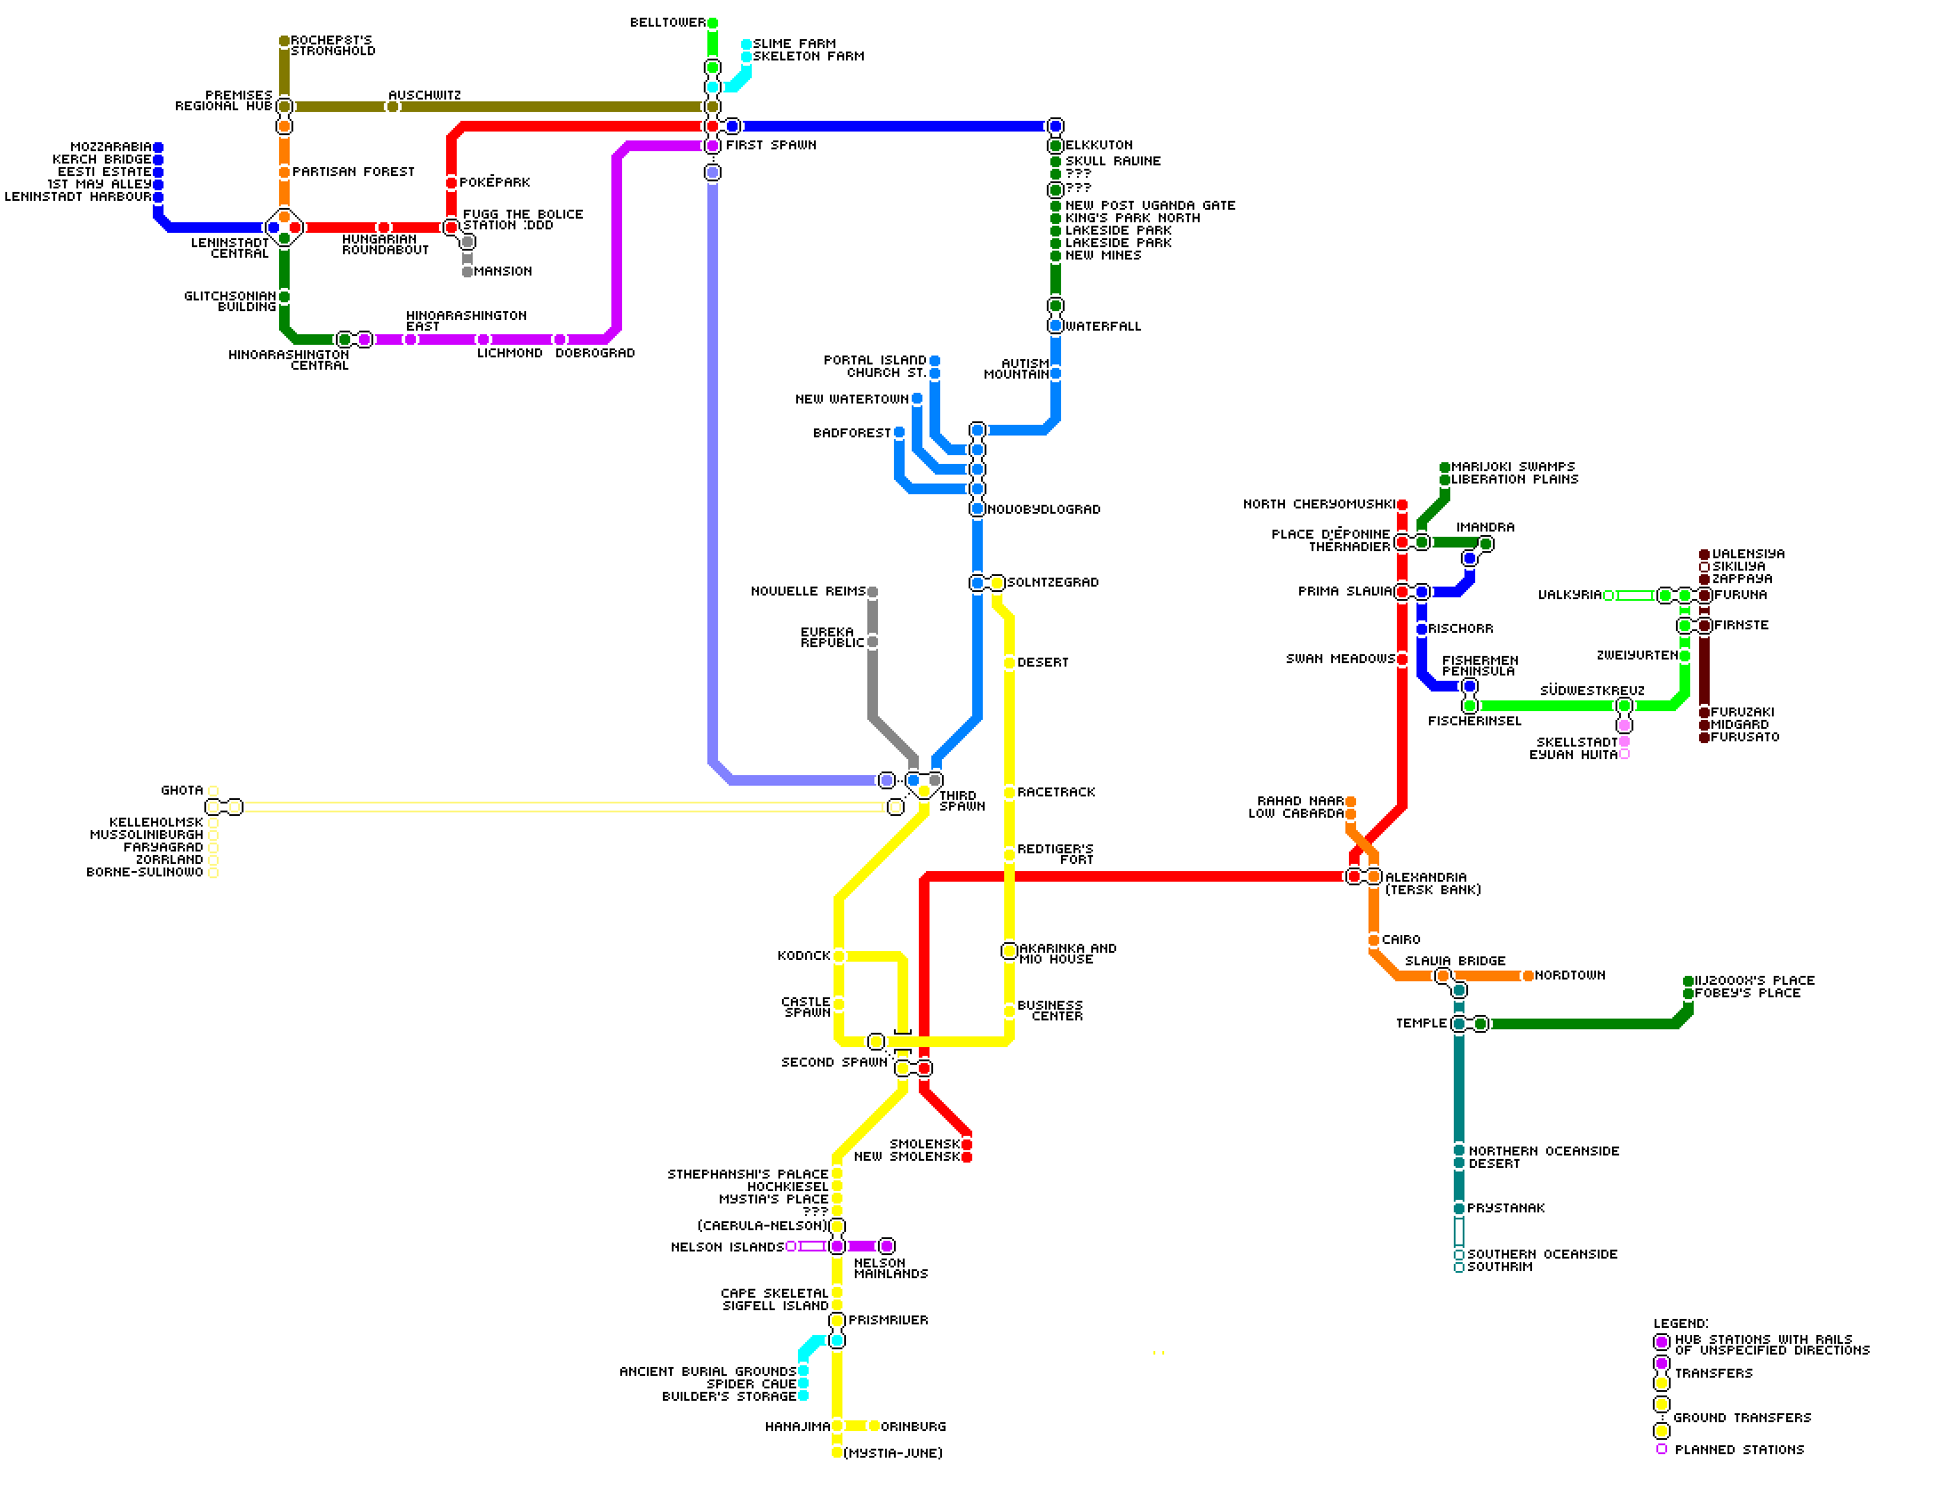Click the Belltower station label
coord(666,22)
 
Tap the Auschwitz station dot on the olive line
coord(392,108)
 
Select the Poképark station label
coord(494,182)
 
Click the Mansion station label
coord(502,271)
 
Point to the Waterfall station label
coord(1103,327)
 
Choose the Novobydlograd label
coord(1044,509)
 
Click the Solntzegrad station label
coord(1053,583)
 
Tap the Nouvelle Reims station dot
coord(873,593)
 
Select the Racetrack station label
coord(1057,792)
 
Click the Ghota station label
coord(181,790)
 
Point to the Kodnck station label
coord(804,956)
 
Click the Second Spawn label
coord(834,1062)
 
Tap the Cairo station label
coord(1400,939)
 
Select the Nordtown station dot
coord(1528,977)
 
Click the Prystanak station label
coord(1505,1209)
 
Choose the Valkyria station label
coord(1569,596)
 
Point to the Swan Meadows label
coord(1340,659)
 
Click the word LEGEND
coord(1680,1323)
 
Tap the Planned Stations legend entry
coord(1738,1450)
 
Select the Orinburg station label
coord(913,1427)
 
